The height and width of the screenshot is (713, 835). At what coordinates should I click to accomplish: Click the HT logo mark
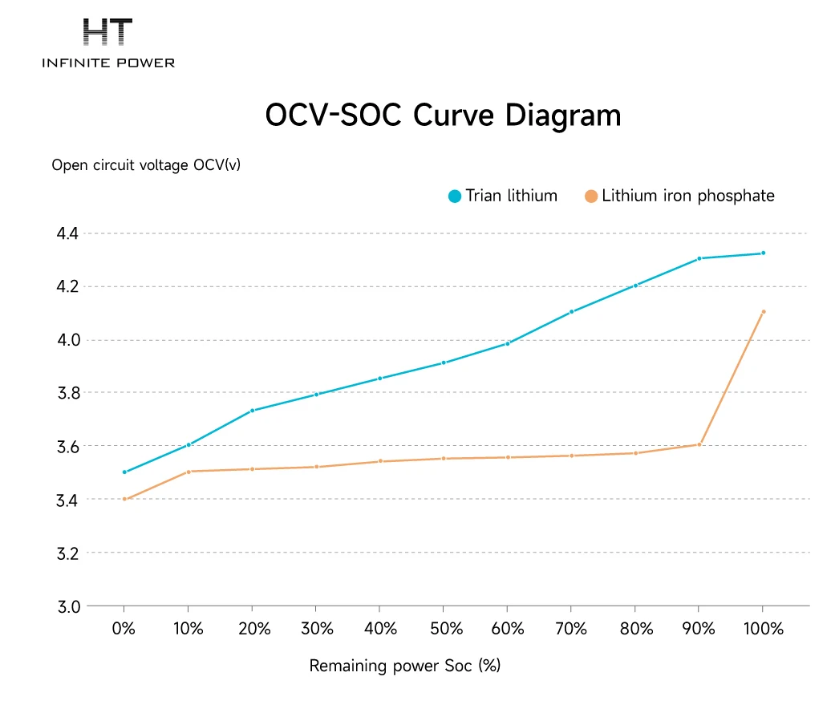coord(108,32)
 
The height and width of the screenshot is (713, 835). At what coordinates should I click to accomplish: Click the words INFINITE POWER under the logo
coord(108,63)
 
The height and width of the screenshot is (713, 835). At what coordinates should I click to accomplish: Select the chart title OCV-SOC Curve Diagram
coord(443,115)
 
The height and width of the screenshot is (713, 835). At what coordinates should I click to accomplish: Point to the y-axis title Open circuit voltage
coord(146,165)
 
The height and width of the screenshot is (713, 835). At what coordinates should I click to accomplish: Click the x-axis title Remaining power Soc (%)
coord(405,666)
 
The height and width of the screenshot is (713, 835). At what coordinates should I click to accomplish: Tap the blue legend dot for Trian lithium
coord(455,196)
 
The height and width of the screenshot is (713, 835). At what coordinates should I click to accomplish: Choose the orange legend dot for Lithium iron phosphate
coord(591,196)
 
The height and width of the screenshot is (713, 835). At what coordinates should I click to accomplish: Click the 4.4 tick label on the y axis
coord(67,233)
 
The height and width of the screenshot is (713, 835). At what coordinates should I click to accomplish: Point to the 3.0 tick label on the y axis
coord(67,606)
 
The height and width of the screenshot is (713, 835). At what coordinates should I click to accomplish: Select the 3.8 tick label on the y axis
coord(67,393)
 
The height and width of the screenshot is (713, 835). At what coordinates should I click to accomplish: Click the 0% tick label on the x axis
coord(124,630)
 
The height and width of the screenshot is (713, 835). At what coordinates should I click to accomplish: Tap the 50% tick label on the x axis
coord(443,630)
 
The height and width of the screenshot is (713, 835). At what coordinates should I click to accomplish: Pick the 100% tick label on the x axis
coord(762,630)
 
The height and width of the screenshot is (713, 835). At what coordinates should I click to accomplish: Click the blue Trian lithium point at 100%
coord(763,253)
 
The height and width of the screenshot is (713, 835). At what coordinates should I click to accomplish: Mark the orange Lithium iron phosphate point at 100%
coord(763,312)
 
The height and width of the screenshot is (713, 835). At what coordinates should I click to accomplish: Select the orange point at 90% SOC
coord(699,444)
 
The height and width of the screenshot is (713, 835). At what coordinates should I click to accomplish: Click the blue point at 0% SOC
coord(124,472)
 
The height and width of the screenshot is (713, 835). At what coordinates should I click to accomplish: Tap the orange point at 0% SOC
coord(124,499)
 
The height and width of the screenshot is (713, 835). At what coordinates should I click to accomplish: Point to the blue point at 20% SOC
coord(252,411)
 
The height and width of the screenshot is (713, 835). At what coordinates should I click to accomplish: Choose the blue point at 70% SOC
coord(571,312)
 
